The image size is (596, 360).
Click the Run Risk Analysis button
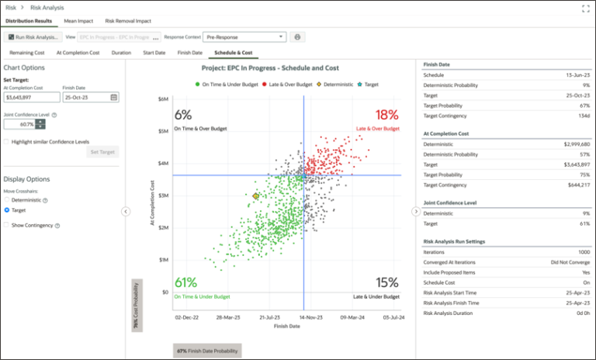[33, 36]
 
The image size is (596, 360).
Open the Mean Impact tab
[78, 21]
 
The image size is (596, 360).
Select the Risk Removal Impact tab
[128, 21]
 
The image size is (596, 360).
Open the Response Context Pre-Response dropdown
[244, 36]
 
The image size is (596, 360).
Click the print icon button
[297, 36]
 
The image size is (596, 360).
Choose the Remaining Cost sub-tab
[26, 53]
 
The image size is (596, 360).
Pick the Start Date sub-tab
[154, 53]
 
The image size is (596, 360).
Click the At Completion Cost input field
[31, 97]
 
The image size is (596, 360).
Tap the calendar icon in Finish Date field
[114, 97]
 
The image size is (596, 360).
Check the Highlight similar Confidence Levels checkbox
[6, 142]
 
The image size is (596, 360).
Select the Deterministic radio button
[7, 200]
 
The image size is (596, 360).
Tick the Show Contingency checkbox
[6, 225]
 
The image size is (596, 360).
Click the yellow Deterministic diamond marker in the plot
[255, 196]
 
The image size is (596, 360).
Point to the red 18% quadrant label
[386, 115]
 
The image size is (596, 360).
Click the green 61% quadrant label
[185, 282]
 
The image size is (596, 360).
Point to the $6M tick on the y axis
[163, 99]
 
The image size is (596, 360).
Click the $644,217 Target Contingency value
[565, 185]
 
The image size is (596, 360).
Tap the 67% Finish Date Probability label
[206, 351]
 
